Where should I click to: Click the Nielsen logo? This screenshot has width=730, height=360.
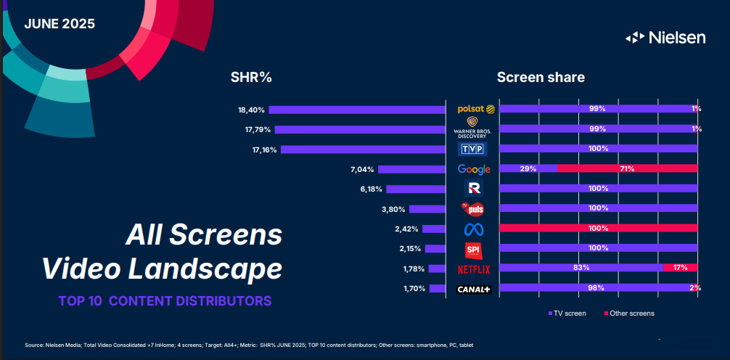[x=665, y=38]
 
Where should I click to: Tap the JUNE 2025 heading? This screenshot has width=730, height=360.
[x=60, y=23]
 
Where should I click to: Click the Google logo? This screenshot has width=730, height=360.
[x=474, y=169]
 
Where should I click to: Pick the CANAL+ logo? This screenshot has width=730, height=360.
[x=474, y=289]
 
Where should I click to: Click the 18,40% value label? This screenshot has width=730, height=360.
[x=251, y=110]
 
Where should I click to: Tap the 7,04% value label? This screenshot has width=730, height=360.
[x=361, y=170]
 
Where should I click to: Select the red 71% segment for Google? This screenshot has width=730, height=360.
[x=627, y=169]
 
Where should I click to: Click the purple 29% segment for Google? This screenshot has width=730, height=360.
[x=528, y=169]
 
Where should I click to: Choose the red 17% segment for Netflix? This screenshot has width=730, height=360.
[x=681, y=268]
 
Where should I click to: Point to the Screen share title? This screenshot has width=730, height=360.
[x=541, y=77]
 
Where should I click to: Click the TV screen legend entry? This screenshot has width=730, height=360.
[x=567, y=314]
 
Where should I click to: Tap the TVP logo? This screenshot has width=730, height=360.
[x=474, y=150]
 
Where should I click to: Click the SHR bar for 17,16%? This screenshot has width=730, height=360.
[x=363, y=150]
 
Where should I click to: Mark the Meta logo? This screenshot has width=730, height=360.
[x=474, y=229]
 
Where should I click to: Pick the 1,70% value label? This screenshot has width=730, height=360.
[x=414, y=289]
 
